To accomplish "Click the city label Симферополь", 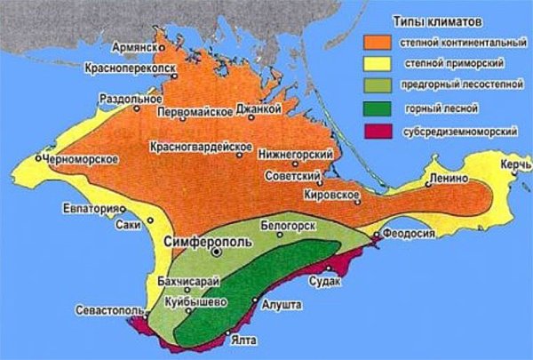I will click(x=203, y=242).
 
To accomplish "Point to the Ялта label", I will click(x=239, y=340).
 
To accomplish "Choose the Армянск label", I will click(x=132, y=46).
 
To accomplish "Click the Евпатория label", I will click(x=91, y=209).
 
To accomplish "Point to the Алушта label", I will click(x=282, y=304).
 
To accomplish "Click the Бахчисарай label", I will click(x=186, y=281).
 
